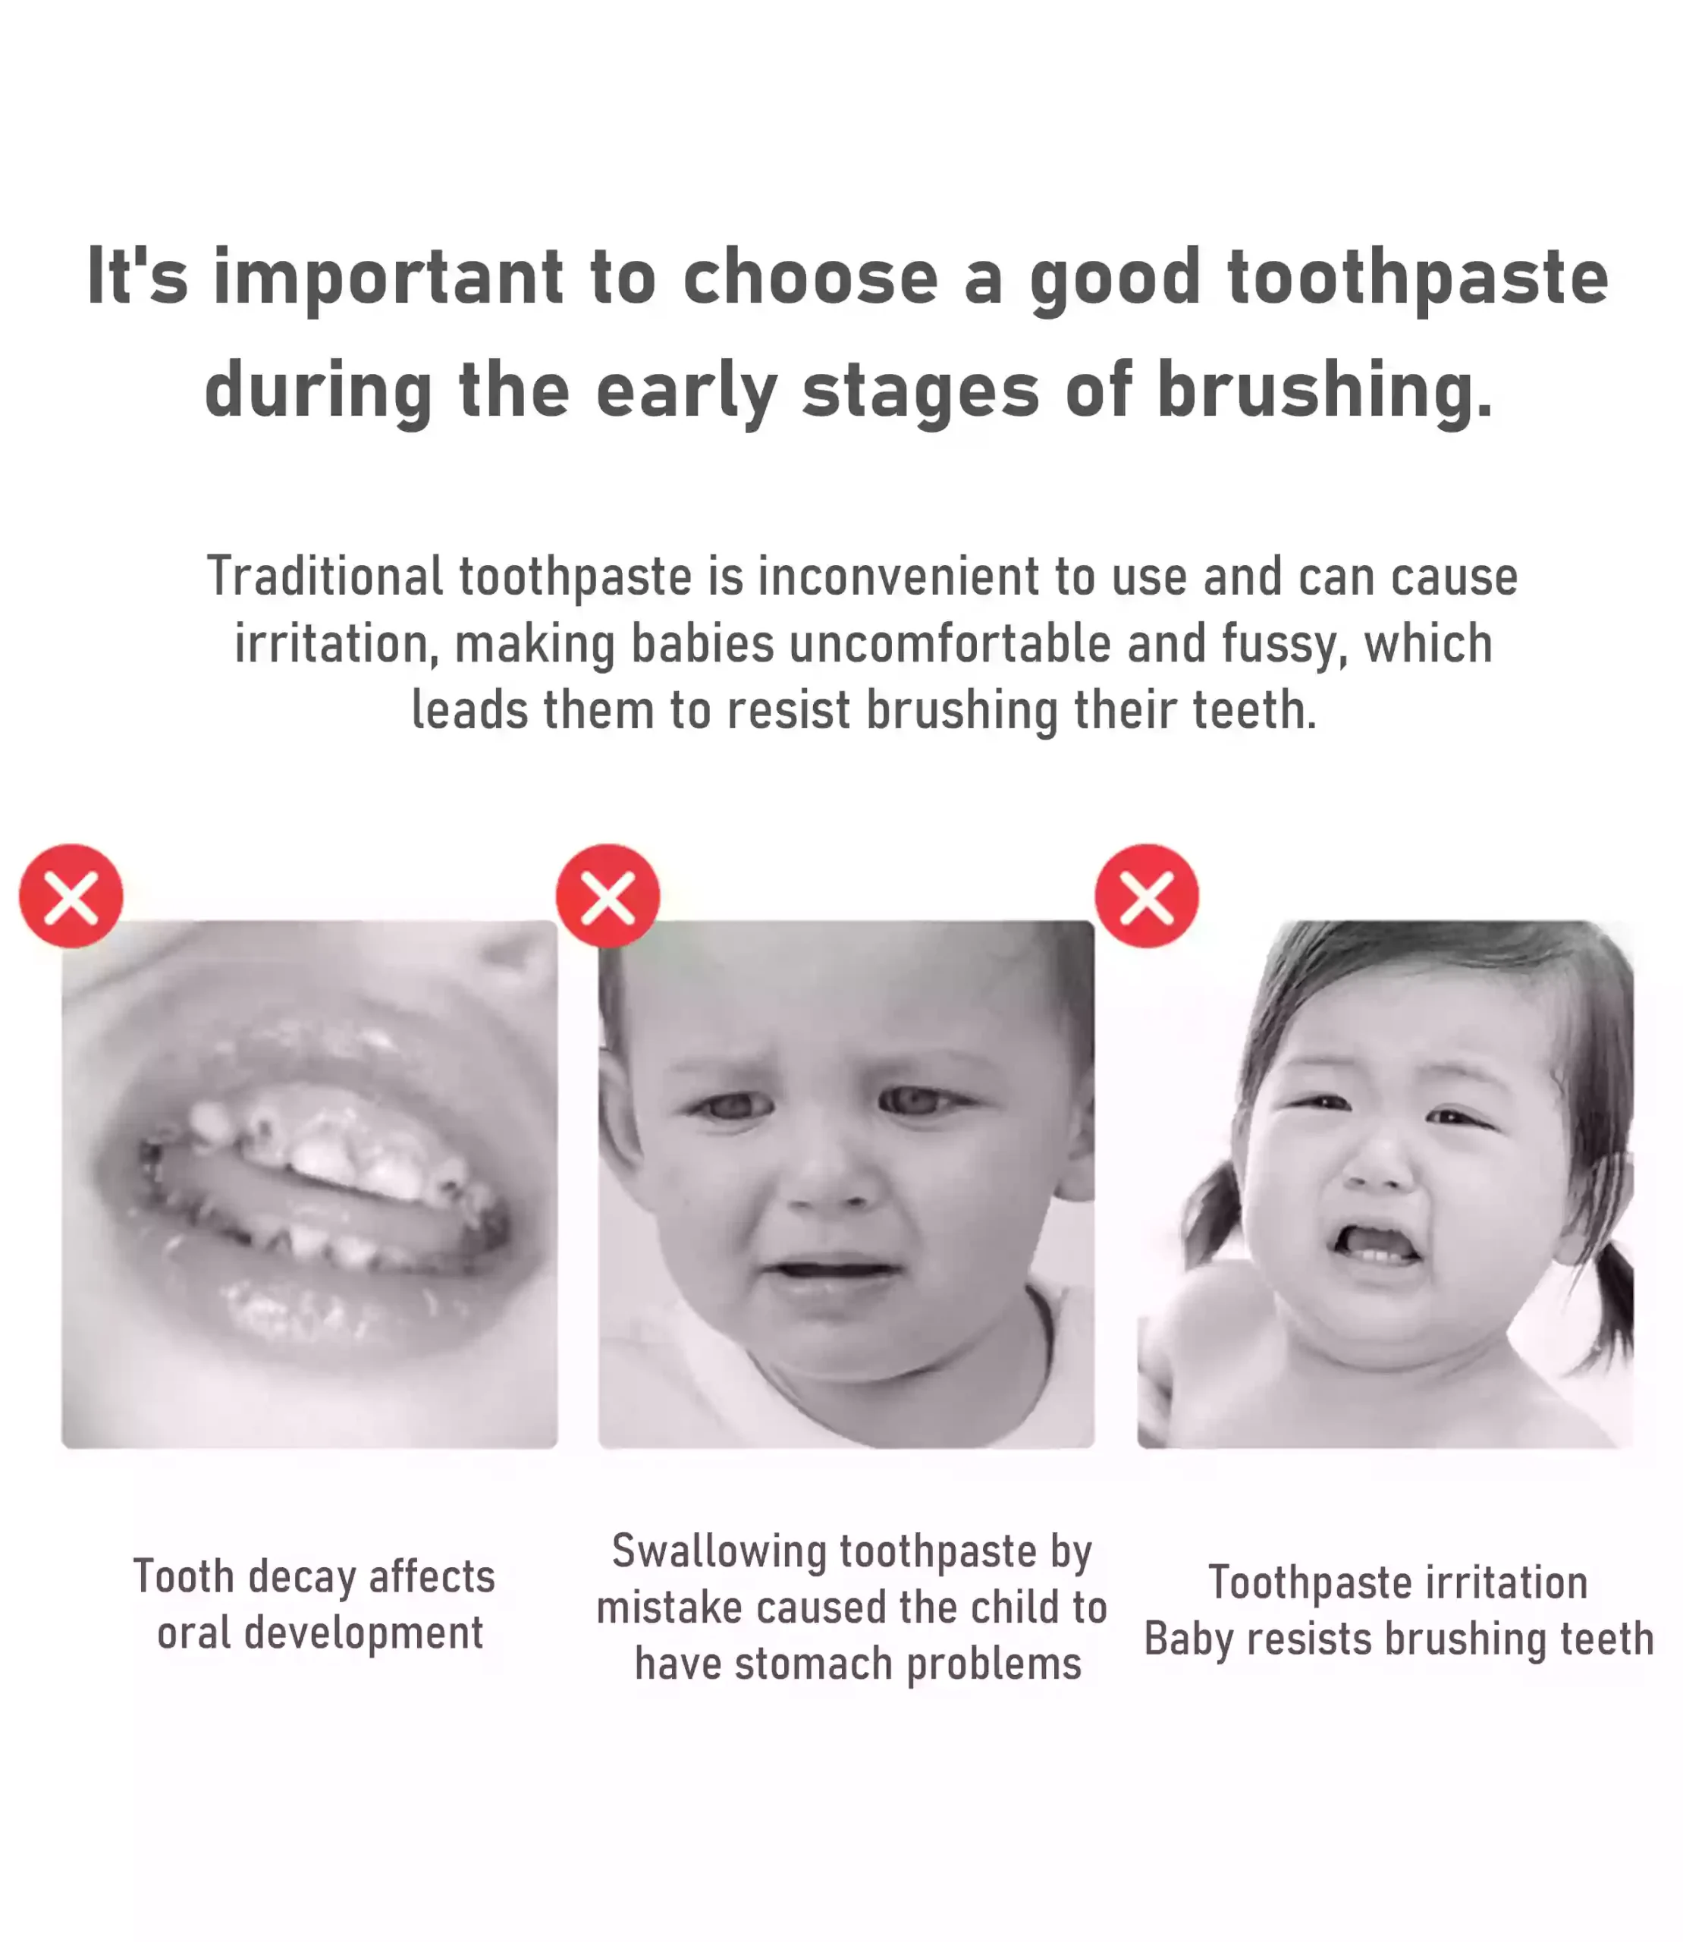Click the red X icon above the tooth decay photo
pyautogui.click(x=71, y=895)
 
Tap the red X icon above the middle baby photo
pyautogui.click(x=608, y=895)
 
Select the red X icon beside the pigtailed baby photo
pyautogui.click(x=1147, y=895)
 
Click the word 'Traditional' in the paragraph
pyautogui.click(x=325, y=576)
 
